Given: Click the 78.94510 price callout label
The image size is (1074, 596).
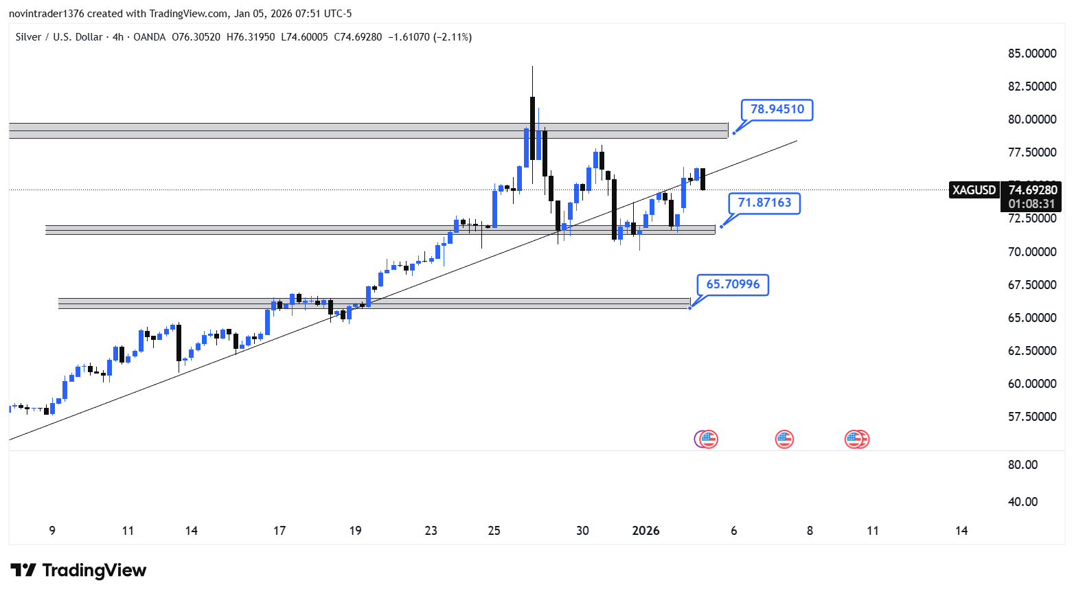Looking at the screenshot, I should click(x=777, y=109).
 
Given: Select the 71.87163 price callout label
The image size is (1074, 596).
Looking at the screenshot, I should click(x=764, y=203).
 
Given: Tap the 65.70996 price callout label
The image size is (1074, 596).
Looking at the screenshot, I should click(x=733, y=284).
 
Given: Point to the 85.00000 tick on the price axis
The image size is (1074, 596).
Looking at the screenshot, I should click(x=1031, y=54).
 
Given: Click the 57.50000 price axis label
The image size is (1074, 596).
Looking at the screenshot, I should click(x=1031, y=417).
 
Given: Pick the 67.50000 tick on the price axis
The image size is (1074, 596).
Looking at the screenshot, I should click(x=1031, y=285).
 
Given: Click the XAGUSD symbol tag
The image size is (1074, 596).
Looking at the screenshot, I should click(x=974, y=190).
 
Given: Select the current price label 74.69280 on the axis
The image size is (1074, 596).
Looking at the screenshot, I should click(x=1032, y=190).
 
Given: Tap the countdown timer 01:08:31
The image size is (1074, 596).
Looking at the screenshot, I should click(x=1031, y=204).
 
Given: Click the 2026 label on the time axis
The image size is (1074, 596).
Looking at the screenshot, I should click(x=645, y=531).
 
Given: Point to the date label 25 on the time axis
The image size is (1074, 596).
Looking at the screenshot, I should click(x=494, y=531).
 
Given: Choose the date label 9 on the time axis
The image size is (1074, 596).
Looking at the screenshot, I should click(x=52, y=531).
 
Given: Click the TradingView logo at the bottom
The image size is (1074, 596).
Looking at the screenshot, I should click(x=78, y=571).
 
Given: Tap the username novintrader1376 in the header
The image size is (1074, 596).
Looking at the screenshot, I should click(x=47, y=14).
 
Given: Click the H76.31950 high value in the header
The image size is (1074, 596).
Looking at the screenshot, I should click(x=250, y=37).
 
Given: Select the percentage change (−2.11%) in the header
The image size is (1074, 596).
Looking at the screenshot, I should click(x=452, y=37).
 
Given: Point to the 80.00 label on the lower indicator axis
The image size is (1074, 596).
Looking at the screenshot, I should click(x=1022, y=465).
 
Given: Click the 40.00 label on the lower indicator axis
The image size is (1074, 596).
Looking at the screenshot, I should click(x=1022, y=502).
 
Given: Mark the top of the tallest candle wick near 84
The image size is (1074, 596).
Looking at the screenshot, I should click(x=532, y=67).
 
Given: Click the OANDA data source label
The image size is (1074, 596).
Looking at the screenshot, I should click(x=149, y=37).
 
